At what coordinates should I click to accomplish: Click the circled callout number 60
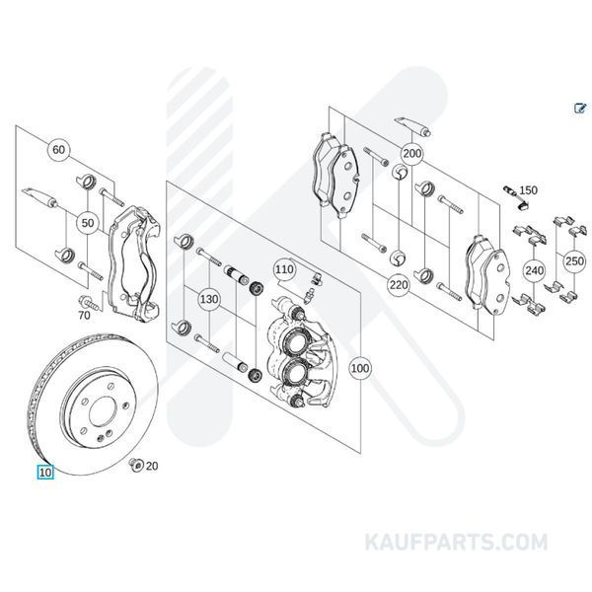coord(59,150)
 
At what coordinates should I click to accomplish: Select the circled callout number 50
coord(88,224)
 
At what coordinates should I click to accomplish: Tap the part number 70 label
coord(84,316)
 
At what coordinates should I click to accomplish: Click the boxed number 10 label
coord(45,472)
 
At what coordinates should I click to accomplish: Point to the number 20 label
coord(152,466)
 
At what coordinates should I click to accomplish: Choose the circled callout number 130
coord(208,298)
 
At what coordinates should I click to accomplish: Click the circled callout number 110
coord(284,268)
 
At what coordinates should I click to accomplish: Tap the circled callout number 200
coord(411,154)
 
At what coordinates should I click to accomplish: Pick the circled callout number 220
coord(399,286)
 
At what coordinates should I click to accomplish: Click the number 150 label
coord(529,189)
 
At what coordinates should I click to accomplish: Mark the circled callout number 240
coord(534,268)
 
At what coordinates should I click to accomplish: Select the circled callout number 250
coord(572,259)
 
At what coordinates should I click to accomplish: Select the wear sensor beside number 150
coord(513,195)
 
